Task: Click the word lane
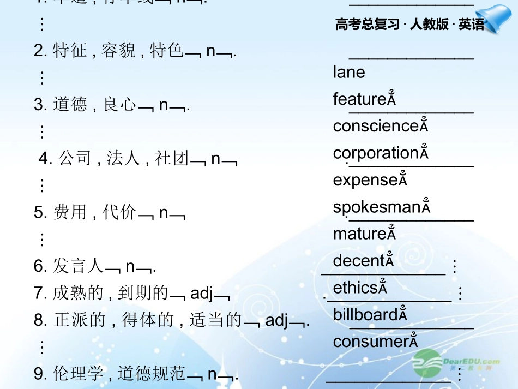pos(349,73)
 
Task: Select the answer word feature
pos(360,99)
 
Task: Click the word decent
pos(359,261)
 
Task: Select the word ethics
pos(356,288)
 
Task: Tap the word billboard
pos(366,315)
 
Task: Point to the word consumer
pos(371,342)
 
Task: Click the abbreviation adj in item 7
pos(202,293)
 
